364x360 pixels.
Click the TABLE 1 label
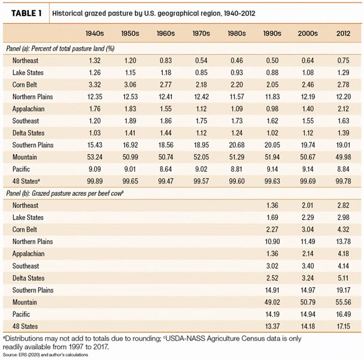(26, 13)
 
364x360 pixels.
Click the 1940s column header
(95, 33)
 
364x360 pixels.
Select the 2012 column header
(343, 33)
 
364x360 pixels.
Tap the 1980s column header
(236, 33)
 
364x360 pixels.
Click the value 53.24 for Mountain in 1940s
(95, 157)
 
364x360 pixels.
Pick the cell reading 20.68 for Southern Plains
(236, 145)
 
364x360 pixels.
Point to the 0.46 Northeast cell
(236, 60)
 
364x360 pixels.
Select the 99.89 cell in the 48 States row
(95, 181)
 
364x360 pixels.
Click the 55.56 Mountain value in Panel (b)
(343, 302)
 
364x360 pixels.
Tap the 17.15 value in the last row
(343, 327)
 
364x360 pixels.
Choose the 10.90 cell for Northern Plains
(272, 242)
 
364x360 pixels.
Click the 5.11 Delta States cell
(343, 278)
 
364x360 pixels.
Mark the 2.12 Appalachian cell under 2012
(343, 109)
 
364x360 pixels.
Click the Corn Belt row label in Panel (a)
(24, 85)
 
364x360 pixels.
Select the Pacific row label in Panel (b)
(21, 314)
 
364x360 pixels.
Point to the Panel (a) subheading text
(60, 48)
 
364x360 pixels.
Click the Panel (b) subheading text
(65, 193)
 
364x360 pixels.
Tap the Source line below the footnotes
(45, 355)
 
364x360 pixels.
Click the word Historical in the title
(67, 13)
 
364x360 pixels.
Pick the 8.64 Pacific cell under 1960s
(166, 169)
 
